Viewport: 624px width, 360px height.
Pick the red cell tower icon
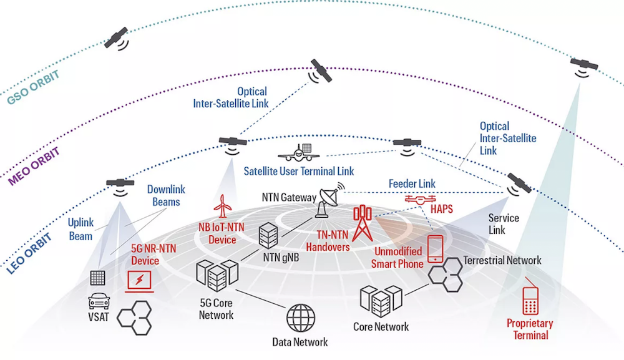(362, 223)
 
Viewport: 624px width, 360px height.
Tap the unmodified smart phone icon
(435, 248)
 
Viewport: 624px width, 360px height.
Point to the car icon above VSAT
(99, 301)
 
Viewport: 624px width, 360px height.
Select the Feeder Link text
(412, 184)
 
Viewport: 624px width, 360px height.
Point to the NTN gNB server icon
(268, 235)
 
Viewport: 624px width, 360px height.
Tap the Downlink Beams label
(166, 195)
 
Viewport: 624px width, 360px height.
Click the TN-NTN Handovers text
(328, 241)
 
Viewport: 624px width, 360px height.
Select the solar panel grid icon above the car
(98, 278)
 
